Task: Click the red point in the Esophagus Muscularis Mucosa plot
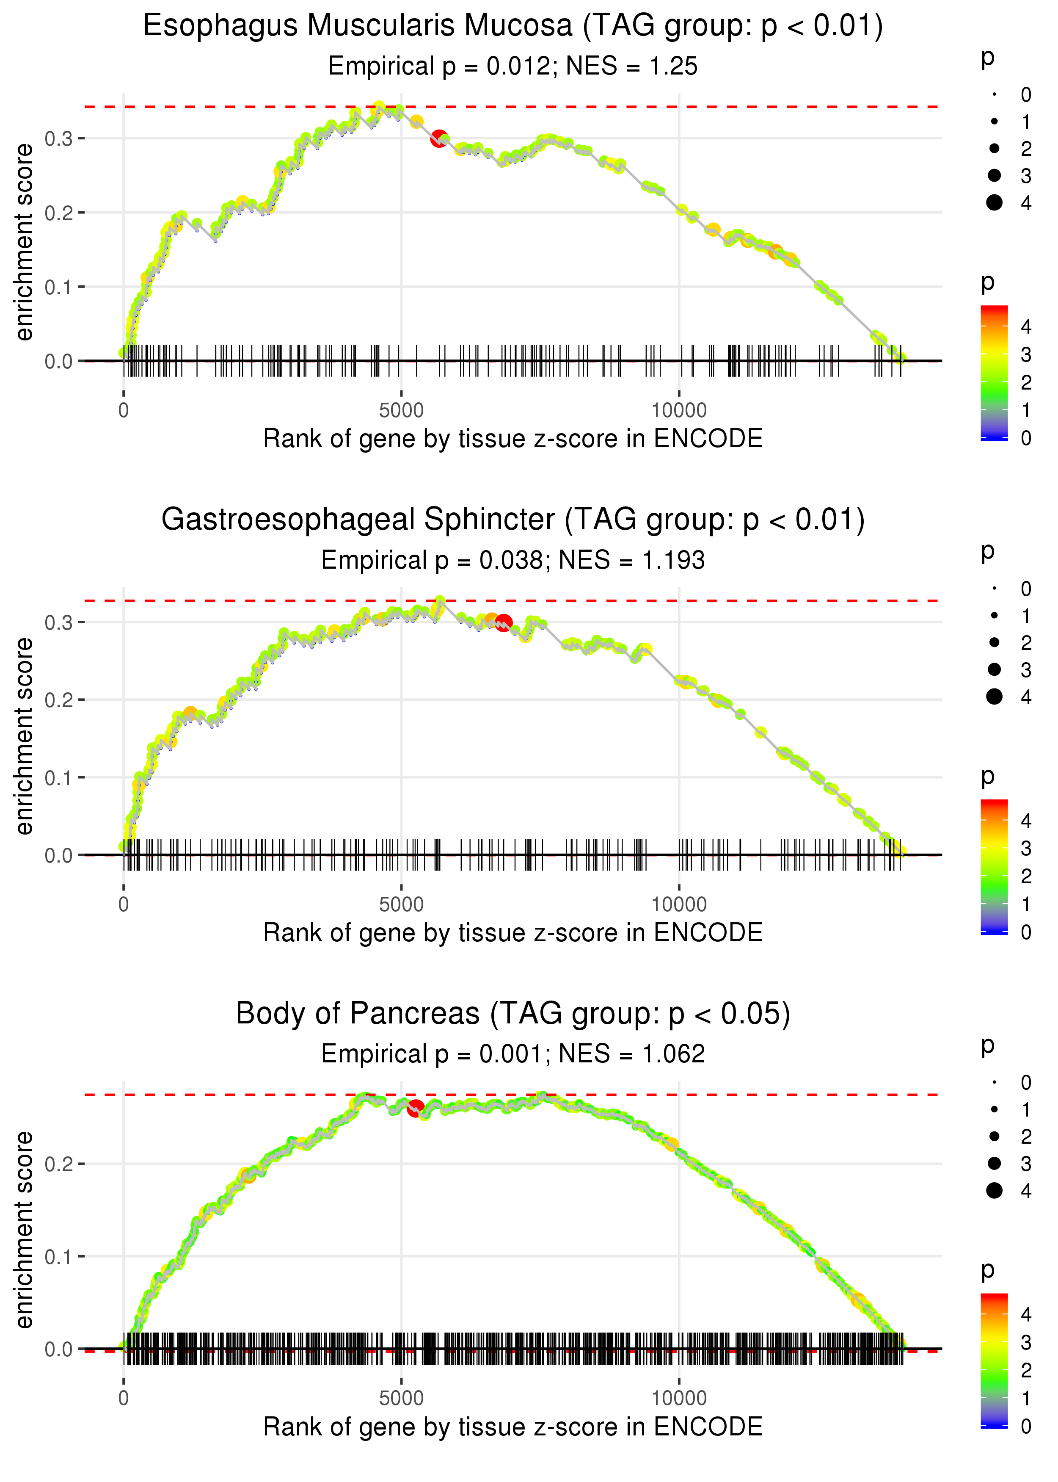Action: tap(439, 138)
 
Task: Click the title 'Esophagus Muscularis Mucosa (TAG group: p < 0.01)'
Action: tap(513, 26)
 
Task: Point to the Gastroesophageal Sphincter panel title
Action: tap(513, 520)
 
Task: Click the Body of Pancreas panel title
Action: tap(513, 1014)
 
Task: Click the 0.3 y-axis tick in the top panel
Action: tap(59, 138)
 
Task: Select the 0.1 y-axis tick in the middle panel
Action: tap(59, 777)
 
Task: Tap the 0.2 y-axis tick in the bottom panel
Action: tap(59, 1164)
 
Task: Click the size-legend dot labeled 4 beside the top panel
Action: tap(994, 203)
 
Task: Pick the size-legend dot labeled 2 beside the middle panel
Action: tap(994, 643)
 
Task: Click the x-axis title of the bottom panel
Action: tap(513, 1427)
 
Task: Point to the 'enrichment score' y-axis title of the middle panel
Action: tap(24, 736)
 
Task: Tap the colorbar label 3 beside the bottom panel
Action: tap(1026, 1343)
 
